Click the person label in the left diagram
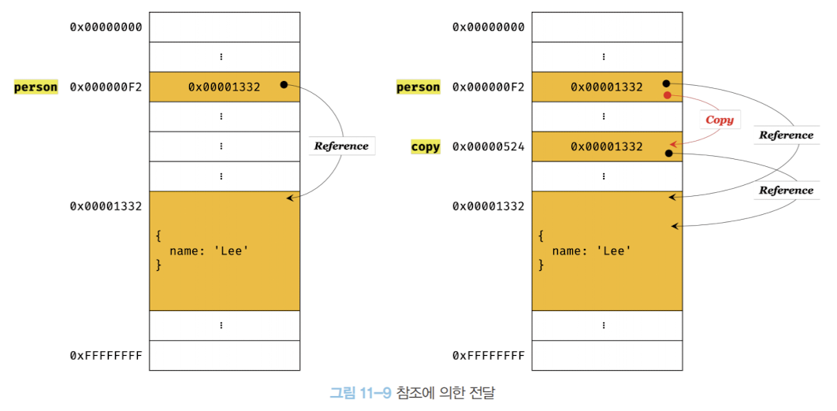36,87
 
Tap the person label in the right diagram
418,87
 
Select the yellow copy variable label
426,146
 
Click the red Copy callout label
719,120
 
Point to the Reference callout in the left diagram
341,146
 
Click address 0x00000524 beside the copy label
488,146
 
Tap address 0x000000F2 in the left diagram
106,87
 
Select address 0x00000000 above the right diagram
488,28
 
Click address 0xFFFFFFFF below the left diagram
106,356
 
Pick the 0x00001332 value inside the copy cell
607,146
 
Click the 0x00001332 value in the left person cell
224,87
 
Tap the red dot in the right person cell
667,95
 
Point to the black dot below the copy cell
668,154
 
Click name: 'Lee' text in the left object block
210,251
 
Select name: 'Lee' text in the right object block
592,251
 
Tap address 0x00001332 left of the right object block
488,206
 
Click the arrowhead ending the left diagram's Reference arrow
289,198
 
